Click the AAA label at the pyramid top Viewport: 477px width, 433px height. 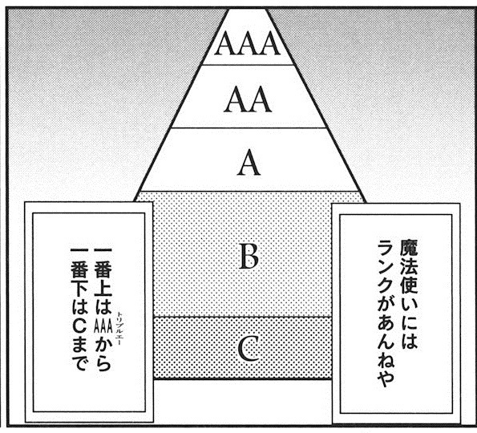coord(248,43)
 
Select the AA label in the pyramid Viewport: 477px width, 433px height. coord(248,99)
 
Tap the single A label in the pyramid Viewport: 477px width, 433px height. coord(249,163)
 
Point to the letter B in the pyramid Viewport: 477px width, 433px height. coord(249,257)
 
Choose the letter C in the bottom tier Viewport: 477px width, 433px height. coord(249,349)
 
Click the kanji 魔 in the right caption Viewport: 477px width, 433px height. coord(409,249)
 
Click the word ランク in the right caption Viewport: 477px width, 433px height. coord(386,268)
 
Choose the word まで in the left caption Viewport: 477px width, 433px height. coord(79,354)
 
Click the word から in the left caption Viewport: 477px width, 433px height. coord(103,354)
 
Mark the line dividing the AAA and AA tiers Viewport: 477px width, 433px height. coord(248,64)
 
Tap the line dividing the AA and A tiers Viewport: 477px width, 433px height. coord(249,127)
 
